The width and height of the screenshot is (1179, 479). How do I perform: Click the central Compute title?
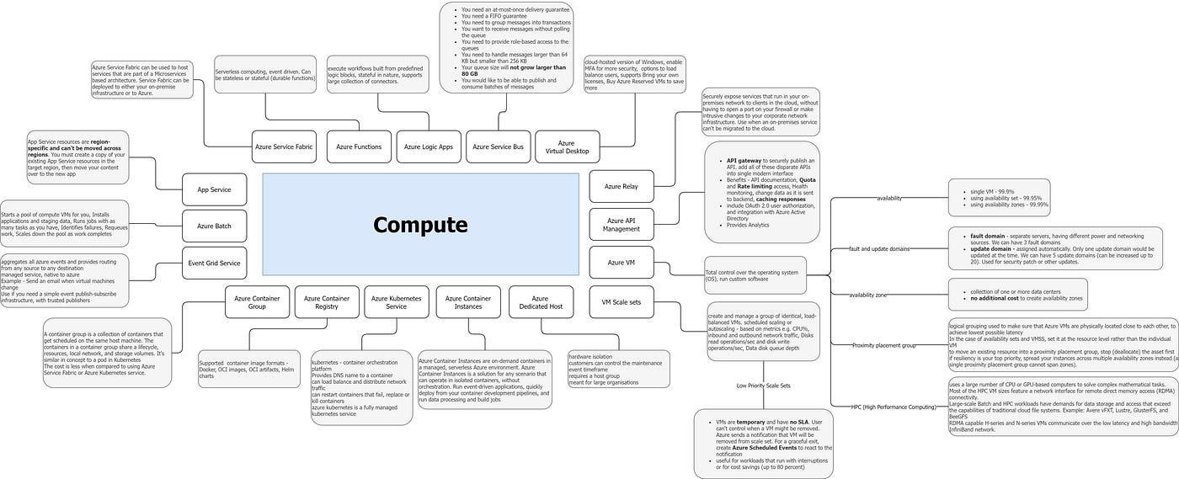click(x=420, y=225)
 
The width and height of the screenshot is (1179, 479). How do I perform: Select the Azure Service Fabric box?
click(x=284, y=146)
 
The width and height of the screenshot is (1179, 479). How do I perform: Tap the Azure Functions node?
click(x=359, y=146)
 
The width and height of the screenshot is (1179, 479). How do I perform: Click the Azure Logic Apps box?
click(x=428, y=146)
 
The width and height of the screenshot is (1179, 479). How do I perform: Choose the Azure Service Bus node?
click(x=498, y=146)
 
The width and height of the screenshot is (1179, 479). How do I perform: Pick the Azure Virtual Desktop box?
click(x=567, y=147)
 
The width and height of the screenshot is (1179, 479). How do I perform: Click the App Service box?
click(x=214, y=190)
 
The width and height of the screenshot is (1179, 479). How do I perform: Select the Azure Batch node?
click(x=214, y=226)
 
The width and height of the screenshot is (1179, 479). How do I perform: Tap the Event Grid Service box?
click(x=214, y=263)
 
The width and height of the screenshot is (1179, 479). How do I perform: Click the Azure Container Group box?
click(x=257, y=302)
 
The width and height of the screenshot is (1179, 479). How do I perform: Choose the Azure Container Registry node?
click(x=327, y=302)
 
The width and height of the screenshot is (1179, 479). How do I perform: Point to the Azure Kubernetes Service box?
click(x=397, y=302)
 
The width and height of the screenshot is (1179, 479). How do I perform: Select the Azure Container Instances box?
click(x=468, y=302)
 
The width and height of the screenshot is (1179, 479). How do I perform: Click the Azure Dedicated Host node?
click(x=540, y=302)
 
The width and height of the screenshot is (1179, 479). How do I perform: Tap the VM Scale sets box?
click(x=621, y=302)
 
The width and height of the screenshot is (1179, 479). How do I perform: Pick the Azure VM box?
click(x=621, y=263)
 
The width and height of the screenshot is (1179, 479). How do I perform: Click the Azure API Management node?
click(x=621, y=224)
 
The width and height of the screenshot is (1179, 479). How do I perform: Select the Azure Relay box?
click(x=621, y=186)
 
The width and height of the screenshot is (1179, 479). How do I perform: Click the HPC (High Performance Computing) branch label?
click(x=894, y=407)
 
